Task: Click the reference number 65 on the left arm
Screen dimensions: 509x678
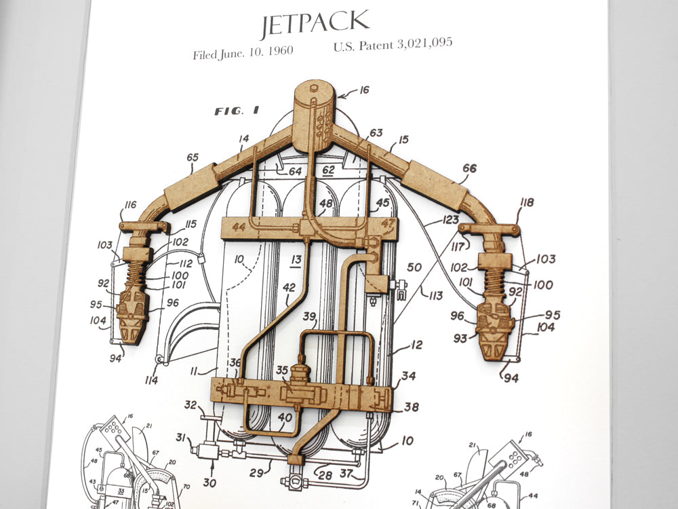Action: click(x=193, y=158)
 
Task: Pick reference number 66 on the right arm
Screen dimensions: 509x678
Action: click(x=469, y=168)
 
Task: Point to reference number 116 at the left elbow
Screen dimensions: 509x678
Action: click(x=130, y=205)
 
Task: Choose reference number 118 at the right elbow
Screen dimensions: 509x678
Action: click(x=527, y=202)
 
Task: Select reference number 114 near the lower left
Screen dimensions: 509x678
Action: click(x=151, y=380)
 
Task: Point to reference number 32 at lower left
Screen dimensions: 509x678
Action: click(x=191, y=404)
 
